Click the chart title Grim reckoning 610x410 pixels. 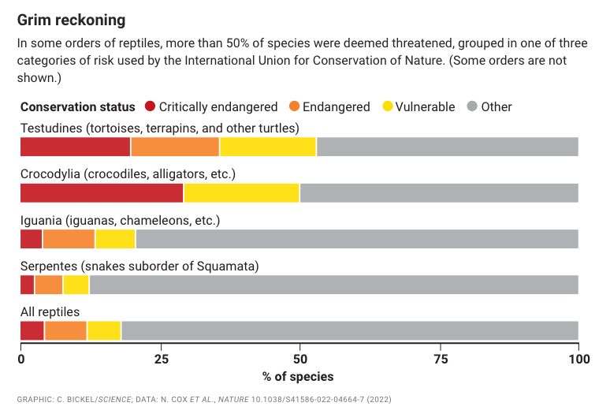(x=71, y=18)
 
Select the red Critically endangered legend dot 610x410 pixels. (x=150, y=106)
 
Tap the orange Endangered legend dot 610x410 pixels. (x=294, y=106)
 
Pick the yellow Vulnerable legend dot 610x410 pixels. (x=387, y=106)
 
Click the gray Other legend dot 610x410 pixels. (x=472, y=106)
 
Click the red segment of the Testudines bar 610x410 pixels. (x=75, y=147)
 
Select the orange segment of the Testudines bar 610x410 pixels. (x=175, y=147)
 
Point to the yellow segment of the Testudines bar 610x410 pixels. (x=268, y=147)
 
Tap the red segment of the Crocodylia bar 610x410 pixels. (x=102, y=193)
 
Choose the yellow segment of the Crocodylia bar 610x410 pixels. (x=241, y=193)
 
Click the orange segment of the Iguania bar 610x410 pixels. (x=69, y=239)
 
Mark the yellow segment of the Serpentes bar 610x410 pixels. (x=76, y=285)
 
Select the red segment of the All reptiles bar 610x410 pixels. (x=32, y=330)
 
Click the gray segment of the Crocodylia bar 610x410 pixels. (x=439, y=193)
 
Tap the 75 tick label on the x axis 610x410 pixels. (x=439, y=359)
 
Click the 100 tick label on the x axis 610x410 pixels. (x=578, y=359)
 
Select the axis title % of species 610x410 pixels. (x=299, y=376)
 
